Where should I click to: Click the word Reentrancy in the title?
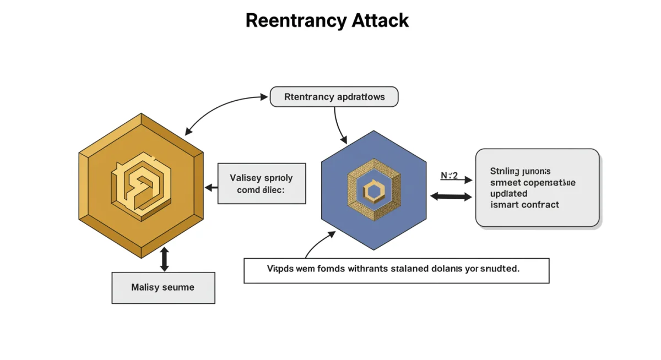pyautogui.click(x=287, y=20)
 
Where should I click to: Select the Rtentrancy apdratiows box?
pyautogui.click(x=334, y=97)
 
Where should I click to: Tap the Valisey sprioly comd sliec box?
pyautogui.click(x=262, y=183)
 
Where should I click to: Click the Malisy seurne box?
pyautogui.click(x=163, y=287)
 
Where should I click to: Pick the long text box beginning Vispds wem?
pyautogui.click(x=396, y=270)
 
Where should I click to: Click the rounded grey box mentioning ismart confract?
pyautogui.click(x=537, y=187)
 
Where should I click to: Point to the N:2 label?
pyautogui.click(x=449, y=176)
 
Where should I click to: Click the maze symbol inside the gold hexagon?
pyautogui.click(x=141, y=186)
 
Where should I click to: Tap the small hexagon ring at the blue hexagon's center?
pyautogui.click(x=373, y=191)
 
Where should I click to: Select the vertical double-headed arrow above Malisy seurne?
pyautogui.click(x=164, y=259)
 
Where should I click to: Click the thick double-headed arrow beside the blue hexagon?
pyautogui.click(x=451, y=196)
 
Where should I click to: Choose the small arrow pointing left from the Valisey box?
pyautogui.click(x=212, y=188)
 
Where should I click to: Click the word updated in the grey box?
pyautogui.click(x=508, y=194)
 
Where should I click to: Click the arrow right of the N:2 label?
pyautogui.click(x=465, y=179)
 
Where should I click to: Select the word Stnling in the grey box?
pyautogui.click(x=502, y=171)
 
